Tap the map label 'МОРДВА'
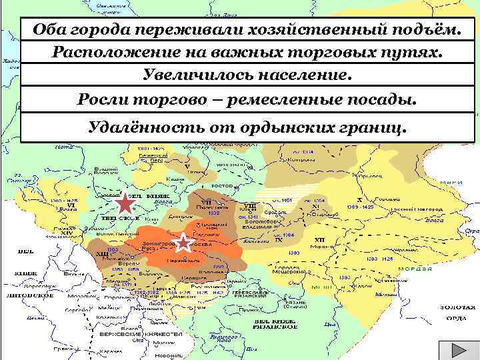412,269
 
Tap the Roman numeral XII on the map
319,239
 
